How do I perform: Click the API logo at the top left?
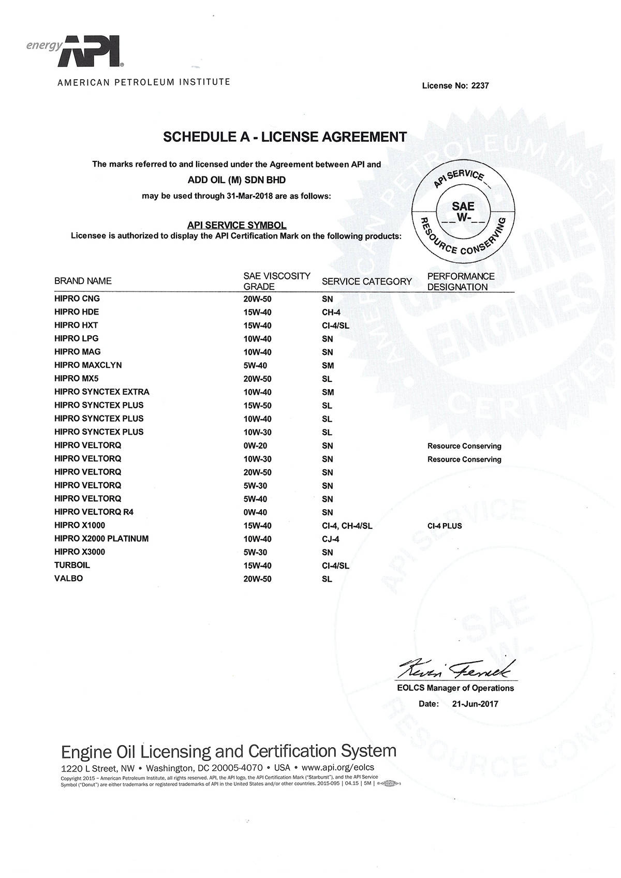(x=91, y=52)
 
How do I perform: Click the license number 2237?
(x=480, y=86)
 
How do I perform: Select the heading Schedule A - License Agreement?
(x=285, y=137)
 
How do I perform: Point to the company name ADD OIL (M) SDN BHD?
(x=236, y=180)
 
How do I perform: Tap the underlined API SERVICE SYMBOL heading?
(x=236, y=226)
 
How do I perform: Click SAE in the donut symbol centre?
(x=463, y=206)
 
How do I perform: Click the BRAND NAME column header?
(x=83, y=281)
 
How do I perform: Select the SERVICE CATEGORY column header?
(x=366, y=281)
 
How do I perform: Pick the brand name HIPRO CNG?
(x=77, y=299)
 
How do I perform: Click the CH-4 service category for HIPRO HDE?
(x=331, y=312)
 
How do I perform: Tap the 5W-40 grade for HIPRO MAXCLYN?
(x=255, y=366)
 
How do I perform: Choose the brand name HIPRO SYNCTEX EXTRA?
(x=102, y=392)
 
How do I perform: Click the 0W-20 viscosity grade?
(x=255, y=446)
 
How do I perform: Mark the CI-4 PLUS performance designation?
(x=445, y=526)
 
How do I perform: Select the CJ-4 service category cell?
(x=331, y=539)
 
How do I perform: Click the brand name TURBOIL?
(x=72, y=566)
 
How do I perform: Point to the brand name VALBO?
(x=68, y=578)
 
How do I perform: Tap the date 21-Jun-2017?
(x=475, y=704)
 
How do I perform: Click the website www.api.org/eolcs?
(x=337, y=767)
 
